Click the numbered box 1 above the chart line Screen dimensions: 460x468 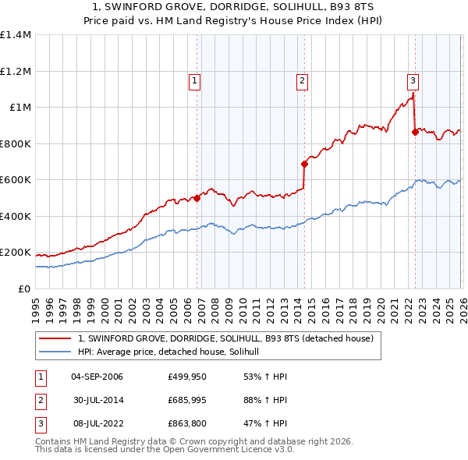tap(193, 79)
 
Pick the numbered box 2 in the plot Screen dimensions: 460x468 tap(301, 79)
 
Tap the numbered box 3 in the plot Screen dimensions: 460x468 tap(412, 79)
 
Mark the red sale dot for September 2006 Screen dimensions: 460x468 tap(197, 198)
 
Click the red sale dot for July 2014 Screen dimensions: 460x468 tap(304, 164)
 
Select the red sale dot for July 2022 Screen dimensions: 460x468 tap(415, 132)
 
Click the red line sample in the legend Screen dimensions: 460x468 tap(56, 338)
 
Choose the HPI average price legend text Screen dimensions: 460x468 tap(173, 352)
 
